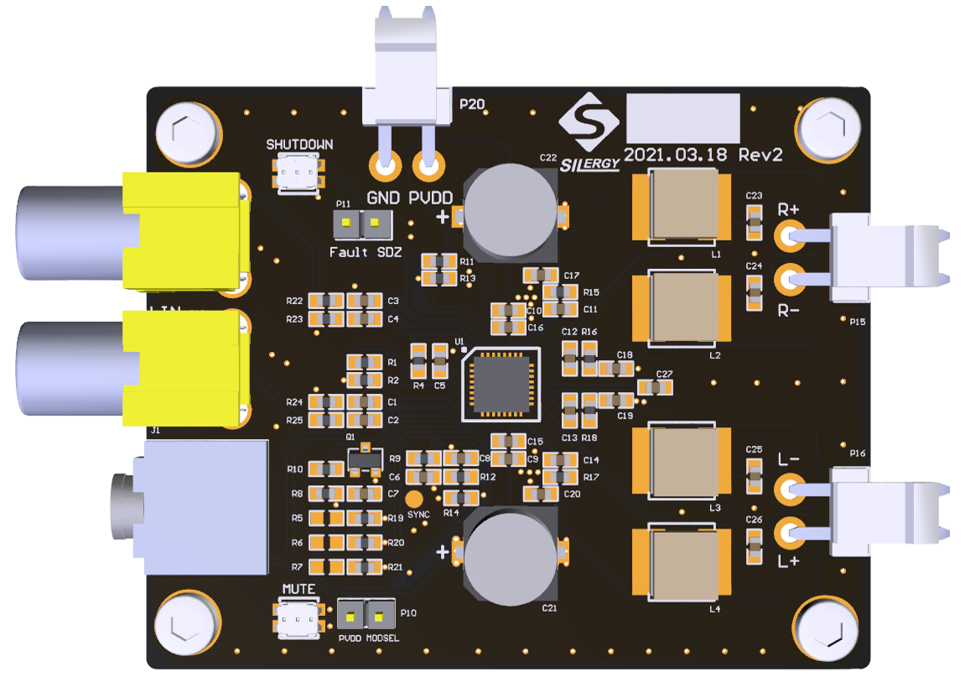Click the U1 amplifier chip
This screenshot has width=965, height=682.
[501, 383]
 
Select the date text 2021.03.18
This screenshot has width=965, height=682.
[677, 156]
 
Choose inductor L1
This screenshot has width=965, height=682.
[683, 206]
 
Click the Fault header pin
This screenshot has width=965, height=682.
[346, 223]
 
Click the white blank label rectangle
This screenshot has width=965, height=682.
[682, 118]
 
